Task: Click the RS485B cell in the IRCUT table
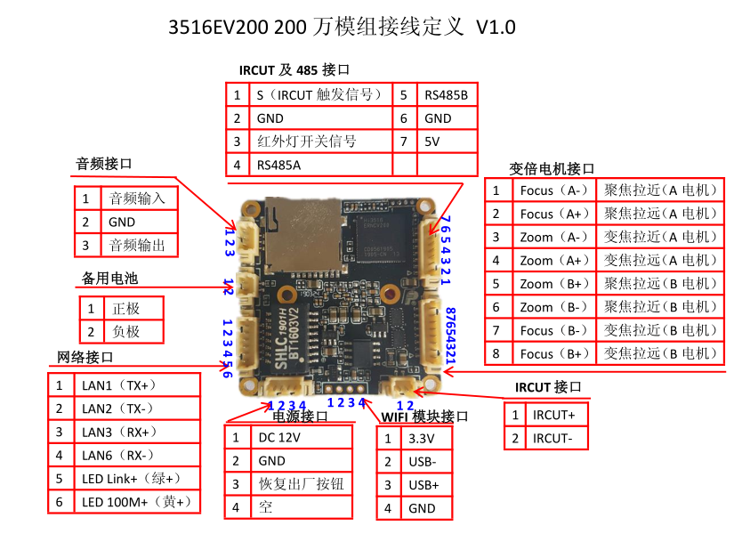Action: (x=445, y=94)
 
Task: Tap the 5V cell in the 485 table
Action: (x=445, y=142)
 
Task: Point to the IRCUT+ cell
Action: (x=556, y=416)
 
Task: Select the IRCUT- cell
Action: (x=556, y=439)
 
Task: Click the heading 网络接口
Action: (x=85, y=357)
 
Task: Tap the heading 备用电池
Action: (x=110, y=279)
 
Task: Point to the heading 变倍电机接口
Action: (x=552, y=168)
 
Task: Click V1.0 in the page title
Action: (x=496, y=28)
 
